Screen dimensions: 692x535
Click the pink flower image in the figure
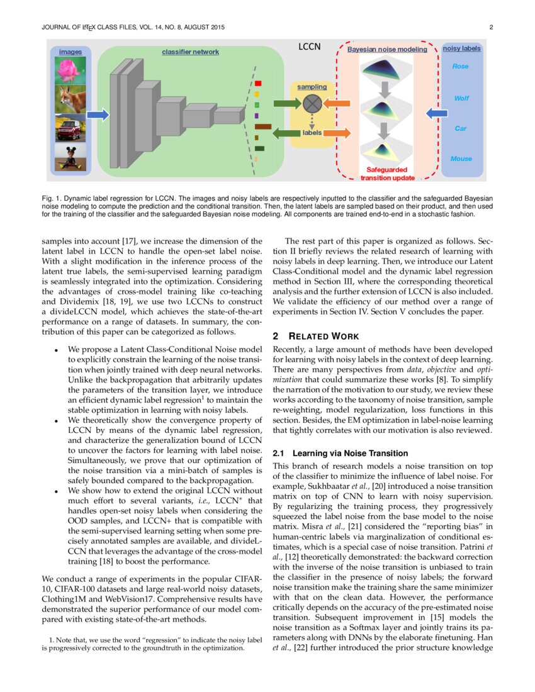point(70,70)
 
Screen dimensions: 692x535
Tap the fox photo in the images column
point(70,99)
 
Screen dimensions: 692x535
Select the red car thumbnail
point(70,128)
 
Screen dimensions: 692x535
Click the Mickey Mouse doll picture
point(70,157)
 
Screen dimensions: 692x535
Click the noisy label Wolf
point(461,98)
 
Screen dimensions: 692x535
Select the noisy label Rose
point(461,66)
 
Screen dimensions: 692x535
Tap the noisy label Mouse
point(461,159)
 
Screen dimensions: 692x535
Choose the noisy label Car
point(461,128)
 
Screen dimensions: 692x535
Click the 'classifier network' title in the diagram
point(190,52)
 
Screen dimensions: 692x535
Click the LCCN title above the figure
point(309,47)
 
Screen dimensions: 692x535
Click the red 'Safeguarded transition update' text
point(386,174)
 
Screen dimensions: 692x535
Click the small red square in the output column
point(258,83)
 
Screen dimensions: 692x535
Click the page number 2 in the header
point(490,27)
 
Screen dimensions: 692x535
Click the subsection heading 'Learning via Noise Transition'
point(340,453)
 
